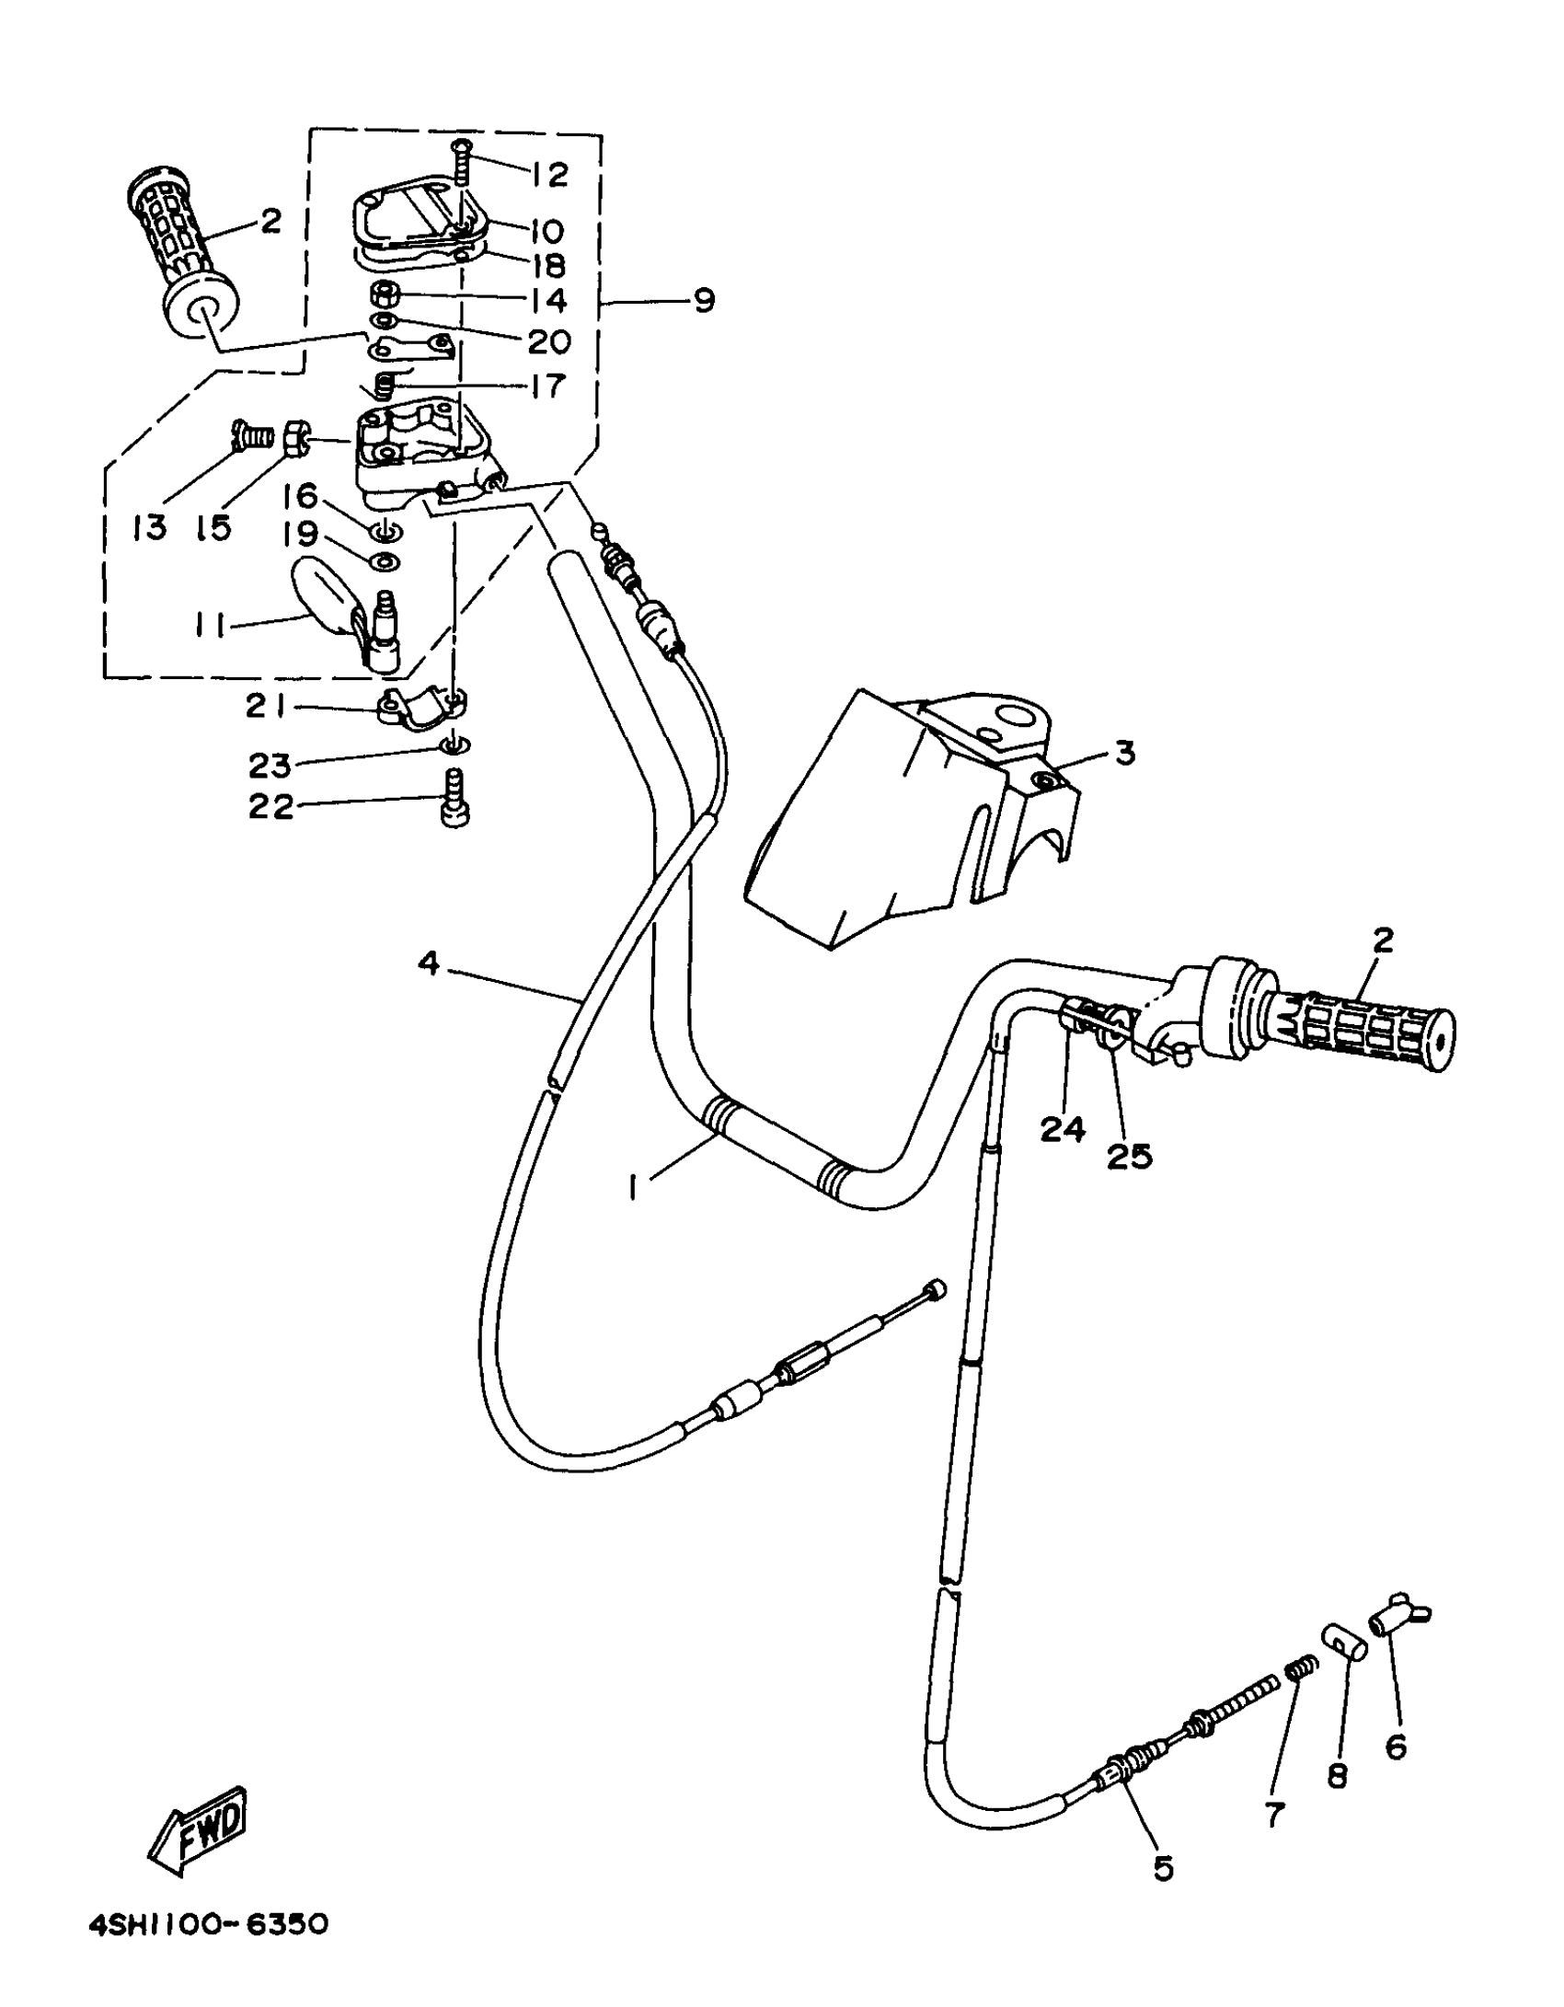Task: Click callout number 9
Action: pyautogui.click(x=704, y=301)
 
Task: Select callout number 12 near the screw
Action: pyautogui.click(x=550, y=175)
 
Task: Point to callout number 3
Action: pyautogui.click(x=1124, y=754)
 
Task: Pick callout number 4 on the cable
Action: pyautogui.click(x=429, y=963)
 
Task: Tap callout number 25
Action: pyautogui.click(x=1129, y=1156)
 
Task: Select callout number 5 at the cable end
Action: pyautogui.click(x=1163, y=1869)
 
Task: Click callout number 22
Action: pyautogui.click(x=270, y=807)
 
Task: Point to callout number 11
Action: pyautogui.click(x=210, y=626)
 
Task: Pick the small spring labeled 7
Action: pyautogui.click(x=1300, y=1666)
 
